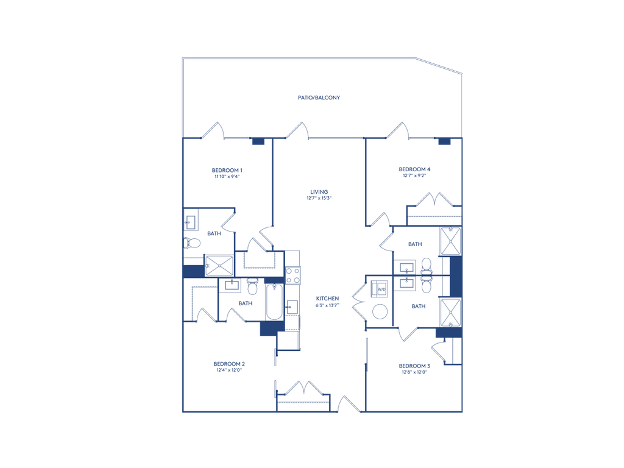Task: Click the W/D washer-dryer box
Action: pyautogui.click(x=381, y=288)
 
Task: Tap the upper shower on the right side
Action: pyautogui.click(x=450, y=242)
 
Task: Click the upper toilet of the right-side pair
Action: pyautogui.click(x=425, y=266)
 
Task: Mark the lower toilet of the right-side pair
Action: pyautogui.click(x=425, y=283)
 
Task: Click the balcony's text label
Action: pyautogui.click(x=319, y=97)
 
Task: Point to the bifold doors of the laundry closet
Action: pyautogui.click(x=357, y=301)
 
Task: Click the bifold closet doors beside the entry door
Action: pyautogui.click(x=303, y=388)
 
